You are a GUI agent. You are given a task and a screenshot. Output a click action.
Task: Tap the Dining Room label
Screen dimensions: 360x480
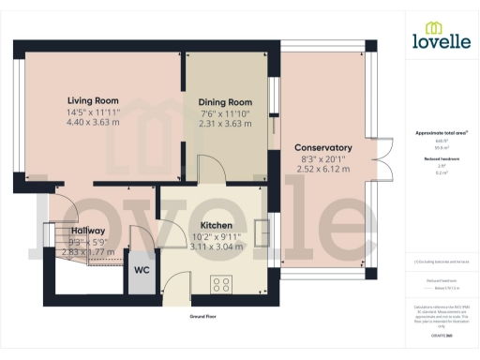[225, 102]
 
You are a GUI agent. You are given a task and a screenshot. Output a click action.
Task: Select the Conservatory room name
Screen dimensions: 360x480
[322, 147]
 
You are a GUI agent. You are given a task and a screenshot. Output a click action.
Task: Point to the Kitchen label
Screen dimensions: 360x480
[216, 225]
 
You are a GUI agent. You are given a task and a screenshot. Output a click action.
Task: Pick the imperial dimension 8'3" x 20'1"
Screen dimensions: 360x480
[322, 159]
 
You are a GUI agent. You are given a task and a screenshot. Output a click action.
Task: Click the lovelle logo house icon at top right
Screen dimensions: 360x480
[435, 27]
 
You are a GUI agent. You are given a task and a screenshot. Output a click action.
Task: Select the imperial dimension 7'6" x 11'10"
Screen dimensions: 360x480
[225, 113]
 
